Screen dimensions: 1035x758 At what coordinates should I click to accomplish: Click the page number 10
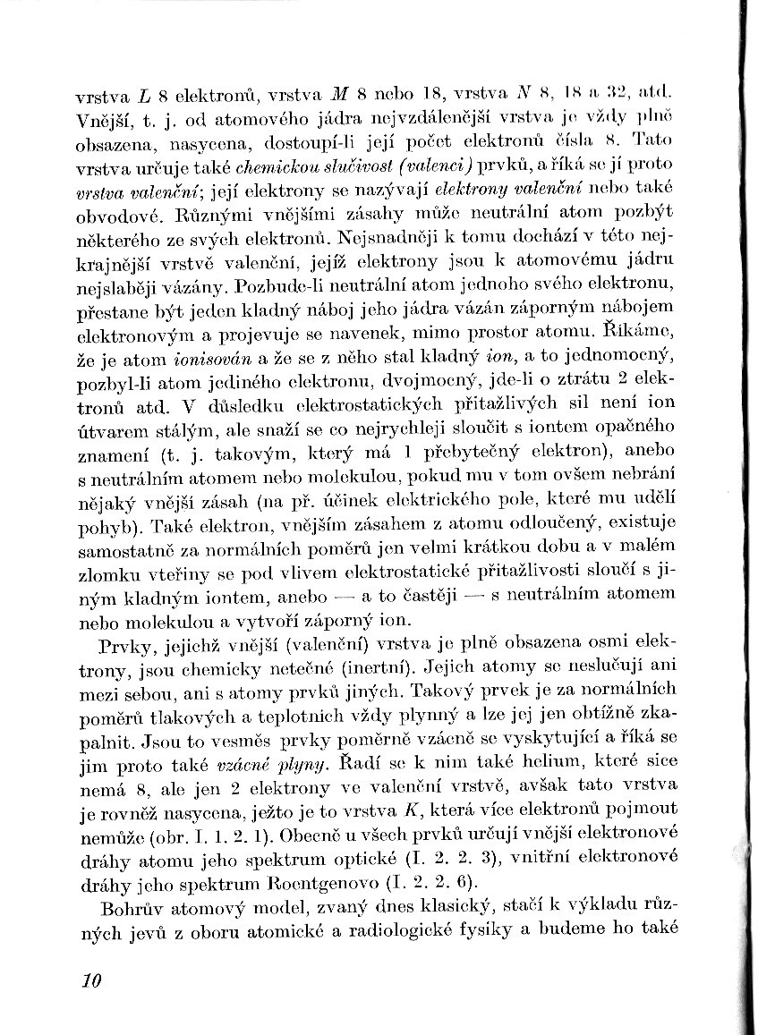90,980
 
